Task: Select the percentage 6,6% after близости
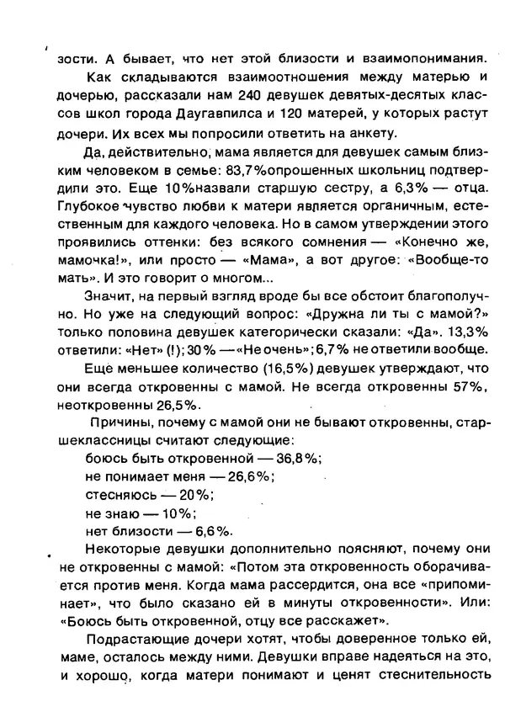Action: [x=211, y=533]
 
